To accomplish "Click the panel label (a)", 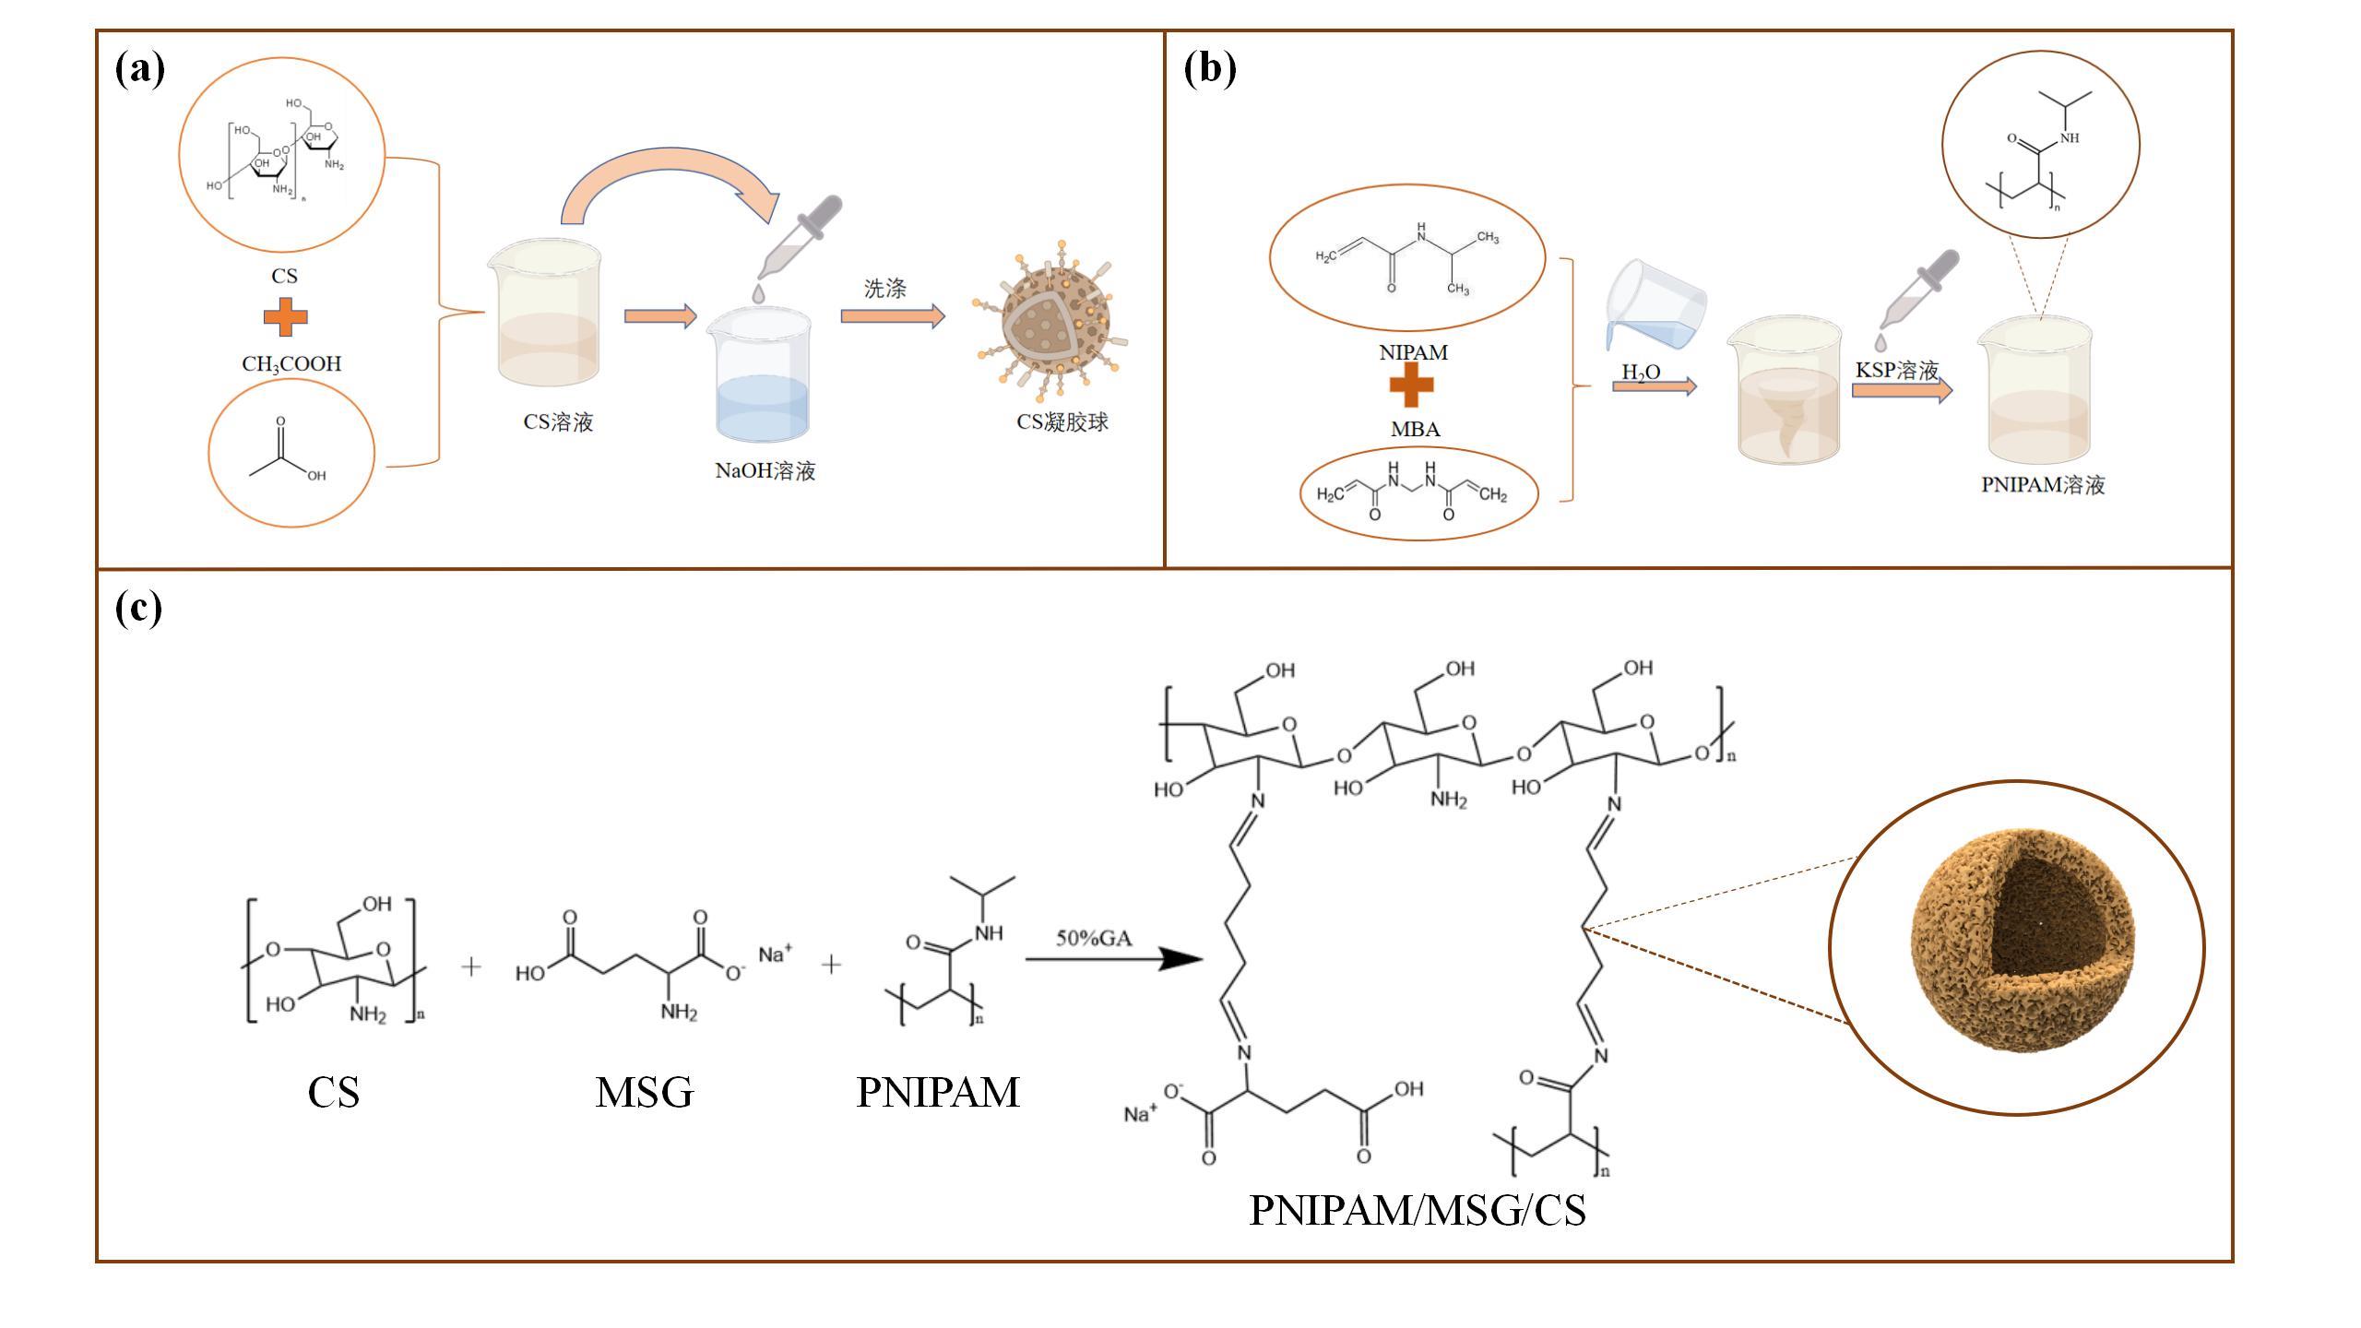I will point(140,69).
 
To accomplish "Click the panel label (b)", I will point(1209,69).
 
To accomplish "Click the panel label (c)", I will point(138,609).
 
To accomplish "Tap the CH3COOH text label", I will point(291,364).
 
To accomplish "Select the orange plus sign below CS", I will point(286,317).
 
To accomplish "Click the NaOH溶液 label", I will point(765,471).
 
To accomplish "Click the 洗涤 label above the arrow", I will point(884,289).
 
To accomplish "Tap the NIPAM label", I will point(1413,352).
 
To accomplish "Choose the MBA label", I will point(1415,429).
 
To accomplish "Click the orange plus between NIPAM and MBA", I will point(1411,385).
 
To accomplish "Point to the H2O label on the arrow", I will point(1641,372).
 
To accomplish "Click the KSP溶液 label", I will point(1896,371).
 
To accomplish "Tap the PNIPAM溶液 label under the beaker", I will point(2042,485).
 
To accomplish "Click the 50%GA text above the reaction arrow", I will point(1094,938).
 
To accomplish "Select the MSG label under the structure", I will point(644,1093).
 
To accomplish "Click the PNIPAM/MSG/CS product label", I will point(1417,1210).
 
